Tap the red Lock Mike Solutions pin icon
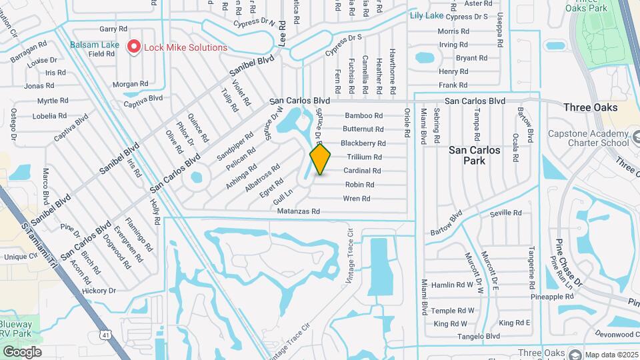134,47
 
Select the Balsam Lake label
94,45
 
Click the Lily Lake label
427,15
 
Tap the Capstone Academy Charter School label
588,138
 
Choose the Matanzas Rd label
300,211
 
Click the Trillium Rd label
364,157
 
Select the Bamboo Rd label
364,115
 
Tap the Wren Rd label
357,199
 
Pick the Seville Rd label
505,213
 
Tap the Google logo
21,351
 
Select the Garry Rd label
113,29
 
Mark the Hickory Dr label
99,291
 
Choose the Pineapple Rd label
550,297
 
